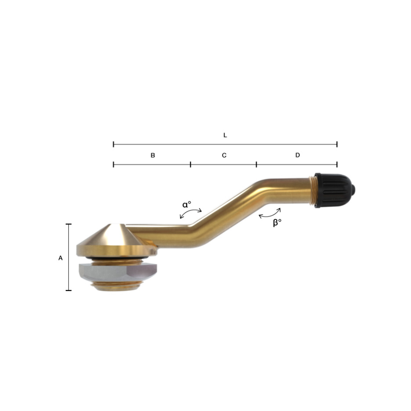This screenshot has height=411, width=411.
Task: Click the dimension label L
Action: point(225,135)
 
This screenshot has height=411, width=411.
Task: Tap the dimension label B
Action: point(153,155)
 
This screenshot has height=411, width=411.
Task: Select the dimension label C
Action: point(224,155)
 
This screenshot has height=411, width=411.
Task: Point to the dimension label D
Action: point(298,155)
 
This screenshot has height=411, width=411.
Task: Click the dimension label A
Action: point(60,258)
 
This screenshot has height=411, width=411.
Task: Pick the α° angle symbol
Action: point(187,204)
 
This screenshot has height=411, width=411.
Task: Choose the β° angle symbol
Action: point(277,222)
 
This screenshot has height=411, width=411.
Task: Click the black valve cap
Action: point(334,190)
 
